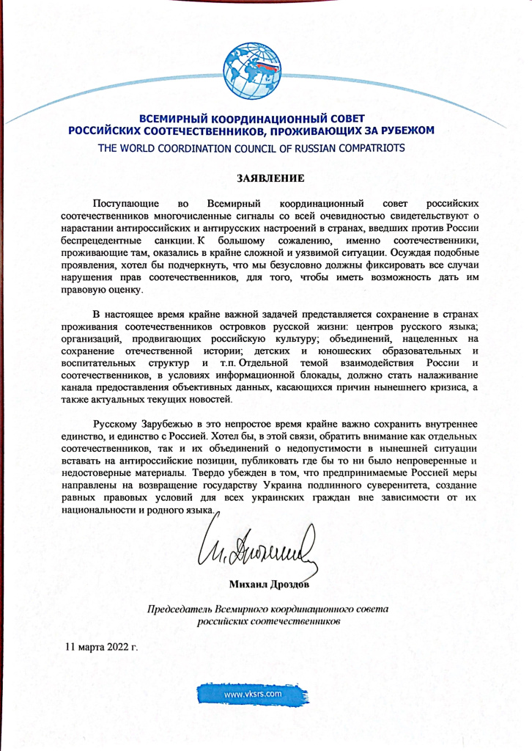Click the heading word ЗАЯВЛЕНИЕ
point(265,177)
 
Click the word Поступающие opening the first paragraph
point(122,202)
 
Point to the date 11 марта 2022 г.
point(101,647)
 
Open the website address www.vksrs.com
point(254,693)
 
